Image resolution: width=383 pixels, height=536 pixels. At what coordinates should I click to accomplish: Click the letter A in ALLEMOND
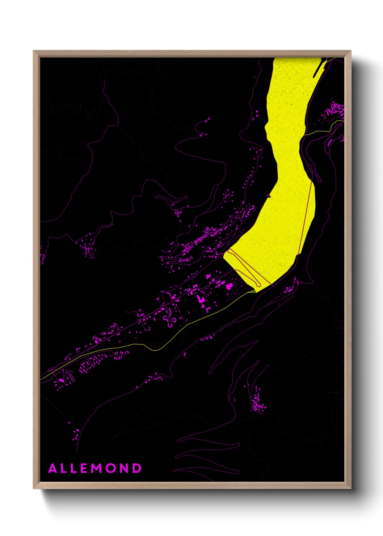[53, 468]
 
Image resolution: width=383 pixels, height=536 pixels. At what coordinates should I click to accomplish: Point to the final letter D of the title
[137, 468]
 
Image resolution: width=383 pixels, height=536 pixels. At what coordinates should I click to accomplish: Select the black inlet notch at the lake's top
[317, 69]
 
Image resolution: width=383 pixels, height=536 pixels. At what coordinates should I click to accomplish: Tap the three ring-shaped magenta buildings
[170, 321]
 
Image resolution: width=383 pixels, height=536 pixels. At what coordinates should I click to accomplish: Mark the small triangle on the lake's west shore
[269, 196]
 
